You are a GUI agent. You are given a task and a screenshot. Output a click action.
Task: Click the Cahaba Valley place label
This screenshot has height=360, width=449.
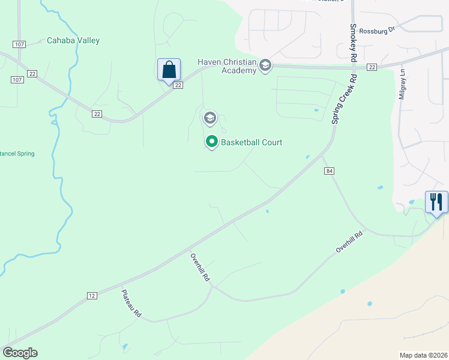coord(73,41)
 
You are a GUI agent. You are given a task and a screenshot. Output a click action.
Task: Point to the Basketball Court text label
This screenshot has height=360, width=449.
coord(252,143)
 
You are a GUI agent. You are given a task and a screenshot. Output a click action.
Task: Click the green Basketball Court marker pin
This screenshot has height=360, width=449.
coord(211,142)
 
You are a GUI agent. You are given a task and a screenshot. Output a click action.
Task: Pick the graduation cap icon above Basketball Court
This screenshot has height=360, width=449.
coord(209,117)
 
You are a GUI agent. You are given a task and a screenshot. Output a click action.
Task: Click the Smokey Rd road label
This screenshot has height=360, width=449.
coord(354,41)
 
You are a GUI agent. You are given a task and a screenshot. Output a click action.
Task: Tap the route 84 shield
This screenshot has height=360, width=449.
coord(330,172)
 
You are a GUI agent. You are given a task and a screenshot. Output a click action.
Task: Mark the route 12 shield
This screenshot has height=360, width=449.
coord(91,295)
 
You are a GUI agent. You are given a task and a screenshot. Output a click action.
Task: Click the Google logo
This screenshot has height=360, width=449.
coord(20,353)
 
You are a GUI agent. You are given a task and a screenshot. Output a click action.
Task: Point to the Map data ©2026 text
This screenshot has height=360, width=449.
coord(423,355)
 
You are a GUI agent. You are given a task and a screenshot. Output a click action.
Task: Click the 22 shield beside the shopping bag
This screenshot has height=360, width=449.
coord(178,85)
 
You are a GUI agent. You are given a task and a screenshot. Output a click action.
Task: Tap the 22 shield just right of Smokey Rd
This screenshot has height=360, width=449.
coord(372,67)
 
